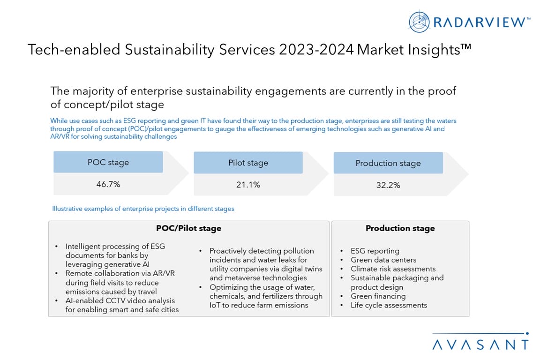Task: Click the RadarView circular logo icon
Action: [420, 22]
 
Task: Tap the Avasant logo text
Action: [480, 345]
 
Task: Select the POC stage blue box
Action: [108, 162]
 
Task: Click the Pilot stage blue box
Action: [248, 163]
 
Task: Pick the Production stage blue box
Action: [388, 163]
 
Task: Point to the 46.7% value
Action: [108, 184]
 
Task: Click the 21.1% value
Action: [248, 185]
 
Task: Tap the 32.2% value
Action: [388, 185]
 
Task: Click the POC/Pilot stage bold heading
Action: [188, 228]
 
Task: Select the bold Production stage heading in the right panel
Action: [400, 228]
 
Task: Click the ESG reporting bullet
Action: [375, 251]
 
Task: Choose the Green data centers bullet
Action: [383, 260]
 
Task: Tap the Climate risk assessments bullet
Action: [393, 269]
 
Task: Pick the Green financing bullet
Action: [378, 296]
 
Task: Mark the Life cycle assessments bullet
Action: [389, 305]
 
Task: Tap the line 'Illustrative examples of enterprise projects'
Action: [143, 209]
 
